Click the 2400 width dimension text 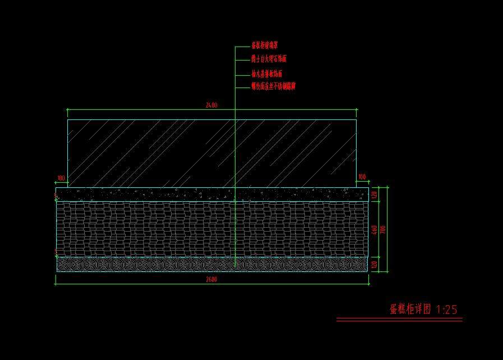coord(211,105)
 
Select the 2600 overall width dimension coord(211,279)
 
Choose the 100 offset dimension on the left coord(61,178)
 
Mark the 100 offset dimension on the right coord(362,177)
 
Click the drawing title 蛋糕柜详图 coord(410,309)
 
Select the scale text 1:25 coord(447,309)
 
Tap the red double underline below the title coord(399,320)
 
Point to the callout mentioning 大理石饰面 coord(269,58)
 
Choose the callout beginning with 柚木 coord(267,73)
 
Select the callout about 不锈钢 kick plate coord(273,86)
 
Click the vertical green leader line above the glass coord(235,79)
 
